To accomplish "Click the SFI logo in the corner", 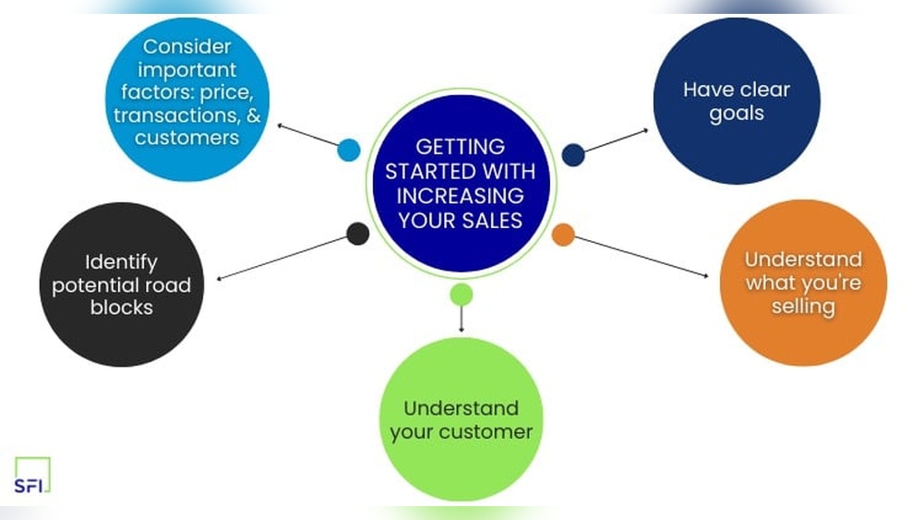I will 32,475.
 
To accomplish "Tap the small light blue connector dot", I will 349,150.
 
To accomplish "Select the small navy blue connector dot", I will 573,155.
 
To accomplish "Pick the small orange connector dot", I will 563,235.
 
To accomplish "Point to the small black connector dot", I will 357,234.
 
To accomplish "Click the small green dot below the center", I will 461,295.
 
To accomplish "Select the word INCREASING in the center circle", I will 461,196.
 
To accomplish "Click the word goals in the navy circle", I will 737,115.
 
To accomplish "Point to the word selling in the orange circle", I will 803,307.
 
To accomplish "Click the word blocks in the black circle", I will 121,308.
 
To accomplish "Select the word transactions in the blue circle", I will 174,115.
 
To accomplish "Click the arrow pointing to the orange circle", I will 641,257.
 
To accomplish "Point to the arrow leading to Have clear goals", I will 617,140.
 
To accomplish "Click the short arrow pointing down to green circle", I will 461,320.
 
